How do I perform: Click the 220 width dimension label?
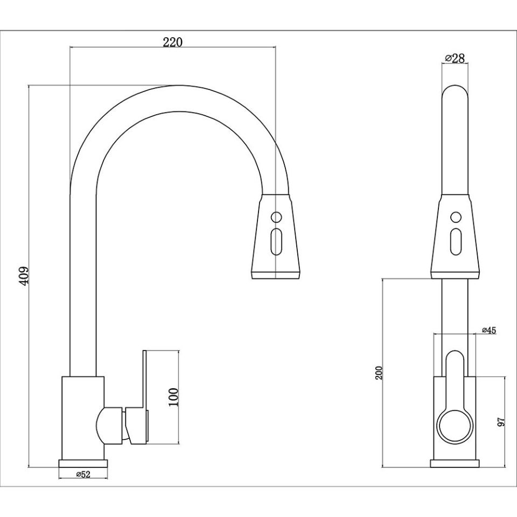coord(173,43)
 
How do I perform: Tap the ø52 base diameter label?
coord(83,474)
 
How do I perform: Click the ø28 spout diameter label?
coord(455,59)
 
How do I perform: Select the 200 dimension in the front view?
coord(379,373)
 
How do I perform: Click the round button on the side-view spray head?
coord(276,218)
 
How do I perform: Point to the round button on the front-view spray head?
coord(455,218)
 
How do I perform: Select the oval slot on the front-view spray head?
coord(455,242)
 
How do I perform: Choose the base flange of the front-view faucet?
coord(455,463)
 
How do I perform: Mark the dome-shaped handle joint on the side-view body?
coord(105,425)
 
